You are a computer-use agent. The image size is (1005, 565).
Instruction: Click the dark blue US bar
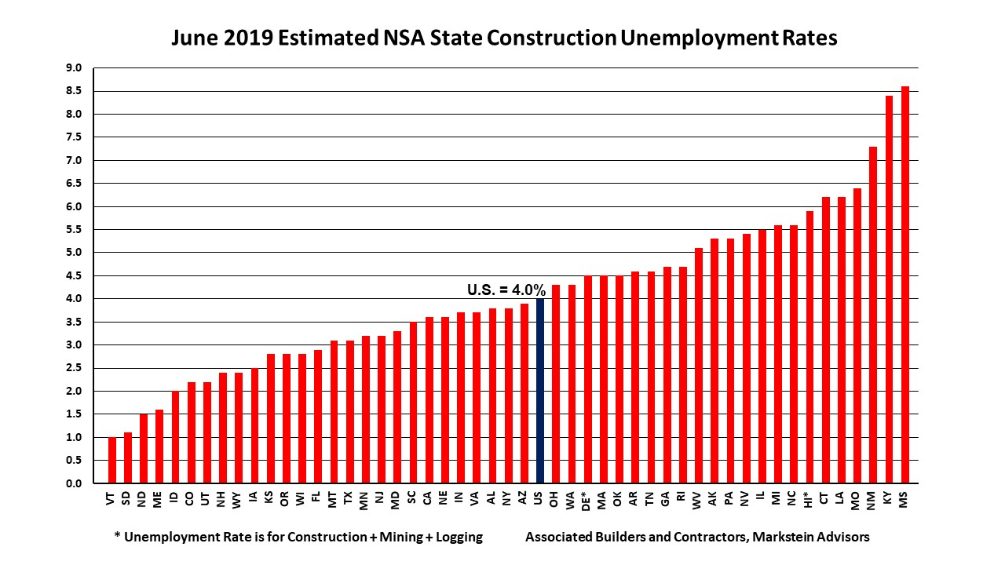point(539,391)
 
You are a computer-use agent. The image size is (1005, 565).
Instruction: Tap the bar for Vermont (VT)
point(112,460)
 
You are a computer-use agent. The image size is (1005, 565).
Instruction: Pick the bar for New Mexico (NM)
point(873,315)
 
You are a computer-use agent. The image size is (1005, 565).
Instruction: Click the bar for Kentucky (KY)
point(889,290)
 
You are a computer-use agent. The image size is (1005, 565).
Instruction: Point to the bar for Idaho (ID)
point(176,437)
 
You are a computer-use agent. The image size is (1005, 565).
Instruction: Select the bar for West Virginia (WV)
point(698,366)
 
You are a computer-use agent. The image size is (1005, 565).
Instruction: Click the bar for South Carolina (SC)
point(413,403)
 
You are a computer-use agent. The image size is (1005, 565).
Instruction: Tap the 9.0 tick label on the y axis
point(74,68)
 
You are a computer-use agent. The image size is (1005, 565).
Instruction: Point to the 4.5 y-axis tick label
point(74,275)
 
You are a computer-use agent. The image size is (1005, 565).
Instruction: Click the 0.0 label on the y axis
point(74,483)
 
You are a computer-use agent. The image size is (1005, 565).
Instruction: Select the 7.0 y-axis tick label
point(74,160)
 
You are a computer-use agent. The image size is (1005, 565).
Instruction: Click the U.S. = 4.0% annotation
point(506,290)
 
